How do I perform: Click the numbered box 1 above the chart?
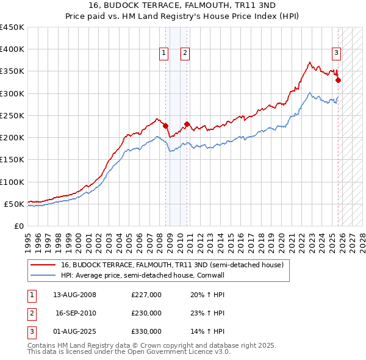[x=164, y=54]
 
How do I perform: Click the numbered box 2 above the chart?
[x=184, y=54]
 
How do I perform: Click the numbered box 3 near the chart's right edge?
[x=336, y=54]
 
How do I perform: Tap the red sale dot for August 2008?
[x=165, y=126]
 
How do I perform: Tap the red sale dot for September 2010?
[x=187, y=124]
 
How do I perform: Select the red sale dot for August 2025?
[x=338, y=80]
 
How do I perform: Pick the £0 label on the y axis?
[x=19, y=226]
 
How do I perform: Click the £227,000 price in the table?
[x=146, y=295]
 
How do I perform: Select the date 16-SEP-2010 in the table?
[x=76, y=313]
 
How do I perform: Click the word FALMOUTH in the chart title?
[x=187, y=5]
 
